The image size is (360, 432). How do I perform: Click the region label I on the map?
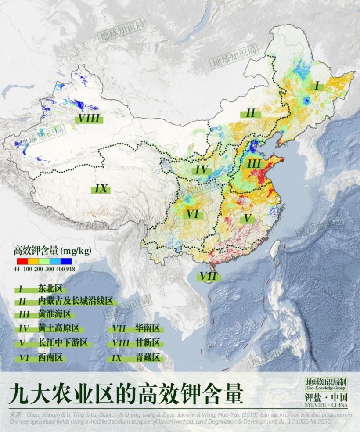(x=317, y=86)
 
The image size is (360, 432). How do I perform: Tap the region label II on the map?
(x=250, y=114)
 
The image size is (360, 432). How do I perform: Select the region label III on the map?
(x=254, y=164)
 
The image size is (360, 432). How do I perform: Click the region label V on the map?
(x=248, y=218)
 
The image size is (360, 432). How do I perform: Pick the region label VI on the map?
(x=193, y=214)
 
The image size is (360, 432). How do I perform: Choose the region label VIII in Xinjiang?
(x=87, y=118)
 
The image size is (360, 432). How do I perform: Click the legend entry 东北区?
(x=51, y=289)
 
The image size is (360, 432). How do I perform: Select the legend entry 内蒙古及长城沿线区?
(x=75, y=302)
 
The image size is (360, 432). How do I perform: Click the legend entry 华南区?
(x=147, y=328)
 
